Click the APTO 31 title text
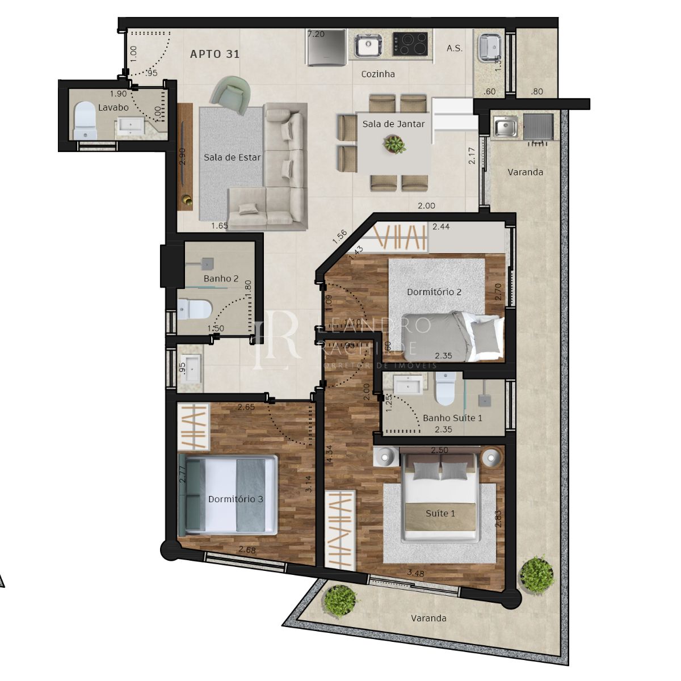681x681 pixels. (215, 54)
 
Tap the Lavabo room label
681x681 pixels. (113, 107)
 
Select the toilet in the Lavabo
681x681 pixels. (86, 120)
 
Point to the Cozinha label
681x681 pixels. (378, 74)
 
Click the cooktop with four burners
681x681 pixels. (410, 44)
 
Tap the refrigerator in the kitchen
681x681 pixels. (326, 48)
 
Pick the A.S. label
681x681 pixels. (455, 48)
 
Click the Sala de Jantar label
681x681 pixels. (393, 124)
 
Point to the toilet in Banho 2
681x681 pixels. (194, 309)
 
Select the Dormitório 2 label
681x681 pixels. (434, 292)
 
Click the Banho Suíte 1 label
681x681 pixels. (452, 418)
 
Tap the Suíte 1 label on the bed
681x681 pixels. (440, 514)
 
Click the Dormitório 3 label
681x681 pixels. (236, 499)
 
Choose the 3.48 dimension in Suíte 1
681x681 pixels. (415, 573)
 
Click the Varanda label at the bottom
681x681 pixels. (428, 619)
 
